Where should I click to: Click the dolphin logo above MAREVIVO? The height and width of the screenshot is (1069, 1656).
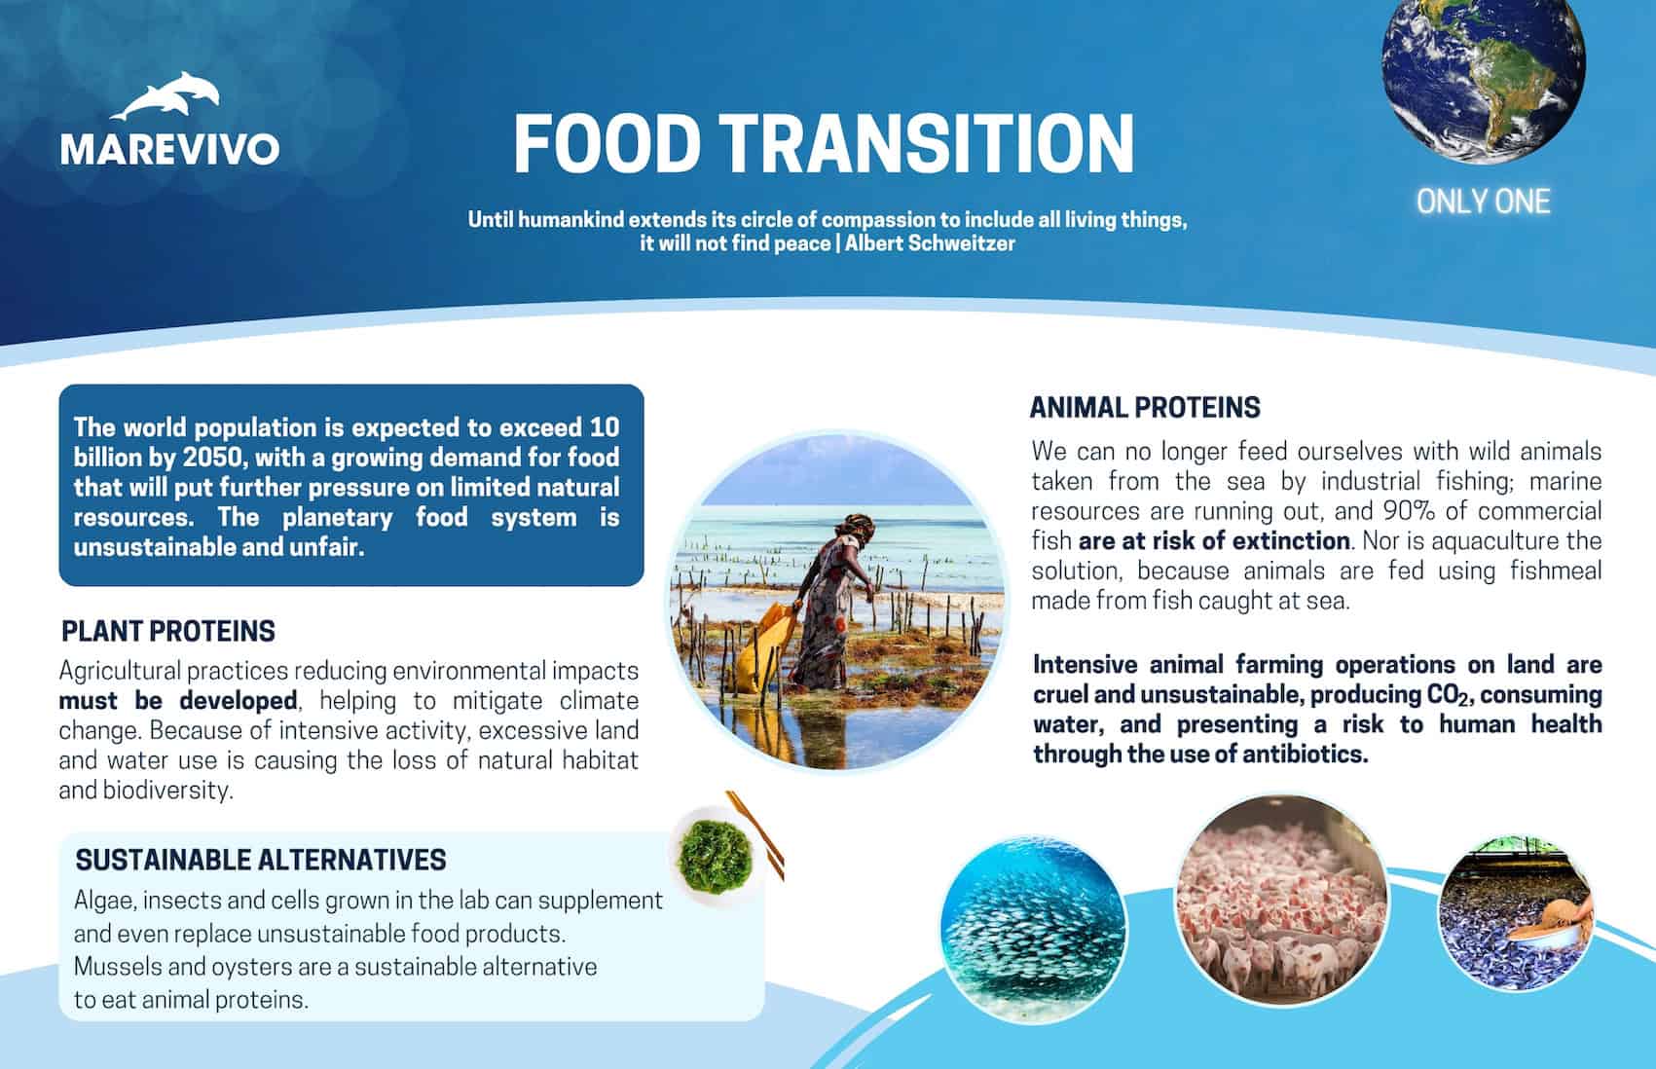[167, 96]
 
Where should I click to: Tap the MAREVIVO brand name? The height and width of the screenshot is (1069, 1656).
[170, 149]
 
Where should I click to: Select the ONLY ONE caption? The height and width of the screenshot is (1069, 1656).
[1483, 202]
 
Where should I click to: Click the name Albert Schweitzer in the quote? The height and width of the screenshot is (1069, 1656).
[930, 243]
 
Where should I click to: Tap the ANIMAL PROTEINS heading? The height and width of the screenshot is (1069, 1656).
[1145, 407]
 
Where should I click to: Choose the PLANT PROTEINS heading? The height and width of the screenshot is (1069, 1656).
[167, 631]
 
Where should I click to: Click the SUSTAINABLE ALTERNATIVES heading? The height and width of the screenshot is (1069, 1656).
[261, 860]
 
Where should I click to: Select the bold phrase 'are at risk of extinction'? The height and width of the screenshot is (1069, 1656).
[1214, 541]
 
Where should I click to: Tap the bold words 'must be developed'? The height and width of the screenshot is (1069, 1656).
[178, 700]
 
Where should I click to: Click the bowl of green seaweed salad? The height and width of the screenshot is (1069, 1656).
[715, 856]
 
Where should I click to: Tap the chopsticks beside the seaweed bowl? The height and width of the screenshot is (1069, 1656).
[755, 834]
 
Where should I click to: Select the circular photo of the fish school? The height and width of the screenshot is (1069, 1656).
[1034, 929]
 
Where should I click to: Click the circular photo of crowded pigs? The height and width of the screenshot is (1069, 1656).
[1282, 902]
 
